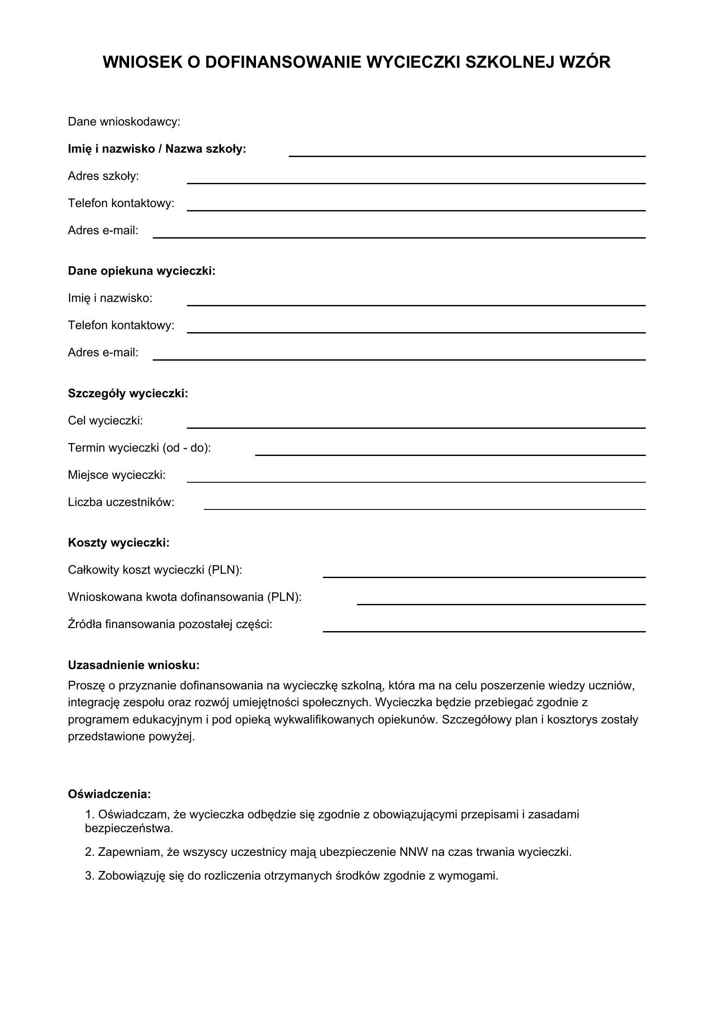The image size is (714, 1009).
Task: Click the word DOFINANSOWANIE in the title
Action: coord(284,63)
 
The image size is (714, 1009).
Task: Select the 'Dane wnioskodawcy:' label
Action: coord(124,122)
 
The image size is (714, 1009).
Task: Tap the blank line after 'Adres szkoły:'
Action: coord(416,182)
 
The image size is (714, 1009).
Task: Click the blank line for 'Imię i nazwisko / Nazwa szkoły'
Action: coord(467,155)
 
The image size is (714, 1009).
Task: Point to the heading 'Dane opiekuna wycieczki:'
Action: coord(142,271)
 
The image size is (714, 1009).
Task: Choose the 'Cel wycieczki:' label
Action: coord(105,421)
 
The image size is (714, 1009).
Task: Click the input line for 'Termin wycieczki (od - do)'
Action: coord(450,453)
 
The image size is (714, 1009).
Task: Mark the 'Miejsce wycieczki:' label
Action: coord(117,475)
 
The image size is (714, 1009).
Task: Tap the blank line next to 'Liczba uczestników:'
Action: coord(424,508)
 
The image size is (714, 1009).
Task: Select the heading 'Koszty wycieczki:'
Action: coord(119,543)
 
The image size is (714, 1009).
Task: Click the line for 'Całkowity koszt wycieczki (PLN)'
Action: coord(484,576)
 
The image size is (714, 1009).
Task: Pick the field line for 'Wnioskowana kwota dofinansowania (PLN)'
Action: coord(501,603)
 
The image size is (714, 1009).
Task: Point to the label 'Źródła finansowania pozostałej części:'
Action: coord(170,624)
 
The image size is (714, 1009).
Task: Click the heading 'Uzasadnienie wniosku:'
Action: coord(134,665)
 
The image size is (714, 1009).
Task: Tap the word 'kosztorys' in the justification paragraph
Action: coord(574,720)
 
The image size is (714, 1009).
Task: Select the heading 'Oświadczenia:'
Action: coord(110,794)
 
